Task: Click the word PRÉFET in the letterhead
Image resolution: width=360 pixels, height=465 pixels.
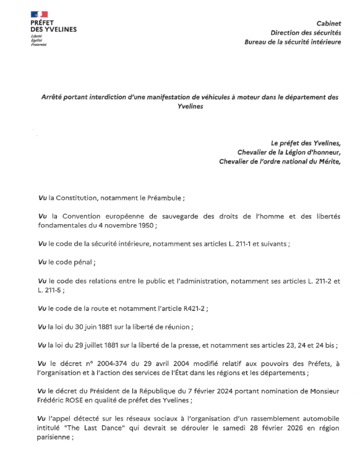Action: (43, 22)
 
